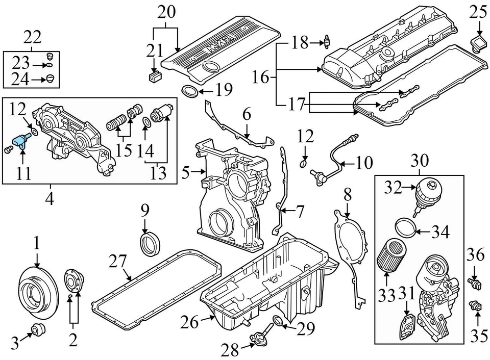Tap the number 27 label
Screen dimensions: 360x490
pos(118,263)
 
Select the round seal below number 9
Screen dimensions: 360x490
pos(151,242)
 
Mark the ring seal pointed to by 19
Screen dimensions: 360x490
pos(190,92)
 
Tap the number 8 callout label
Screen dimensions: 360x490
pos(347,195)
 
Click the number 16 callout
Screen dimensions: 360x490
pos(260,78)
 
